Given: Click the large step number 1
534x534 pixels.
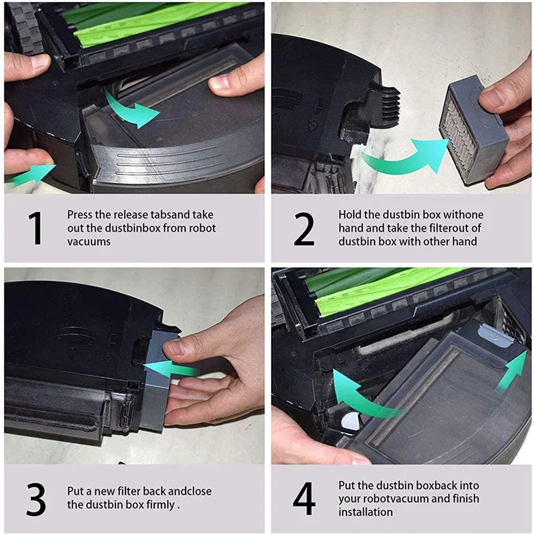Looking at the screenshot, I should click(37, 228).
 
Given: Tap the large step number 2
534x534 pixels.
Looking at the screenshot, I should click(304, 228).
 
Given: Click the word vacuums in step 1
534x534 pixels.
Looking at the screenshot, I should click(89, 242).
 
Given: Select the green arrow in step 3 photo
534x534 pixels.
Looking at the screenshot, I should click(172, 368).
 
